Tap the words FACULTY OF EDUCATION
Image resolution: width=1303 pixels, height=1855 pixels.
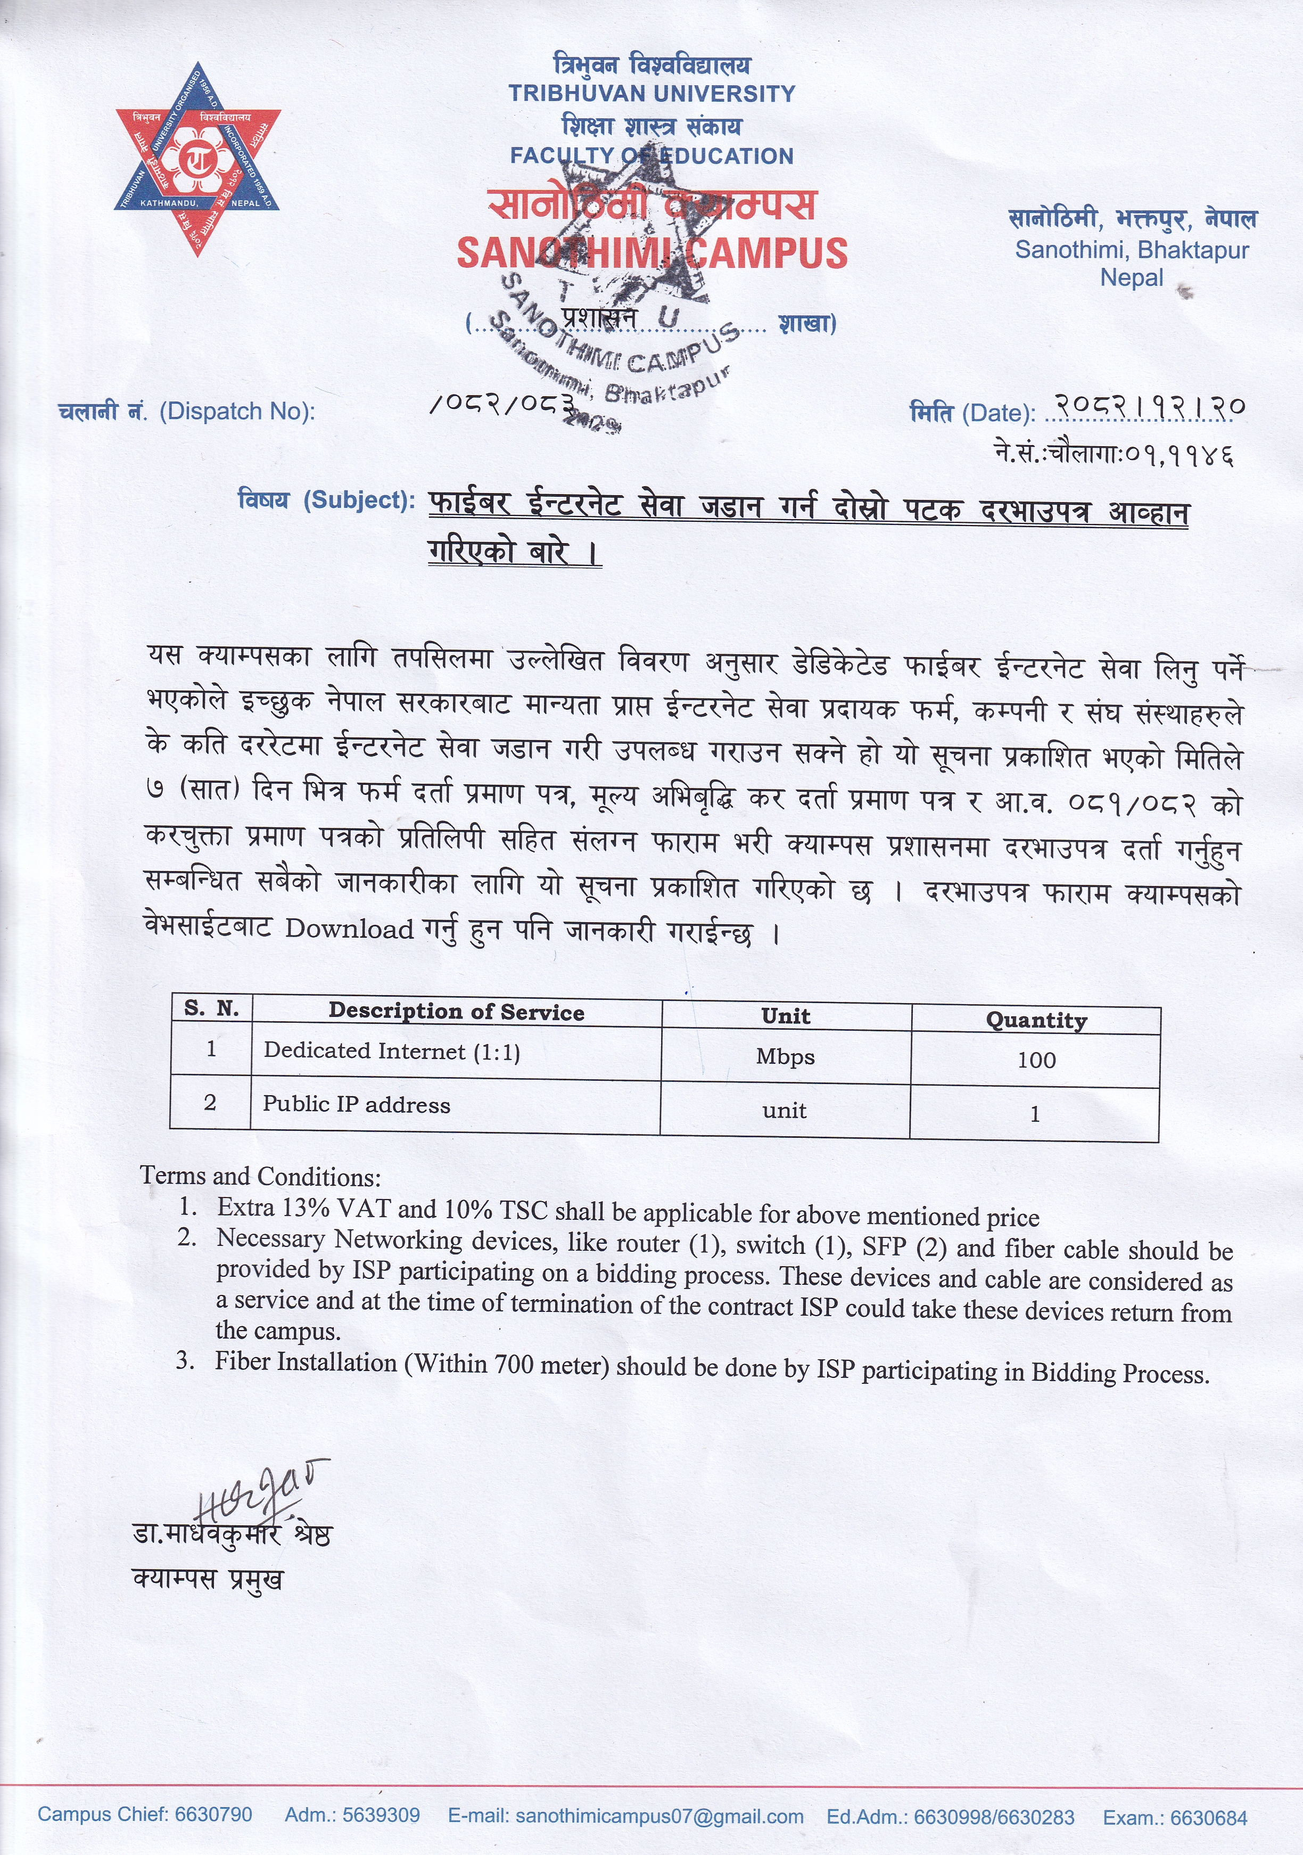pos(651,156)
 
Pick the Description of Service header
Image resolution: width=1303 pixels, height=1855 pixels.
pos(456,1012)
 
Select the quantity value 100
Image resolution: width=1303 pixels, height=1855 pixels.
pos(1036,1060)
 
